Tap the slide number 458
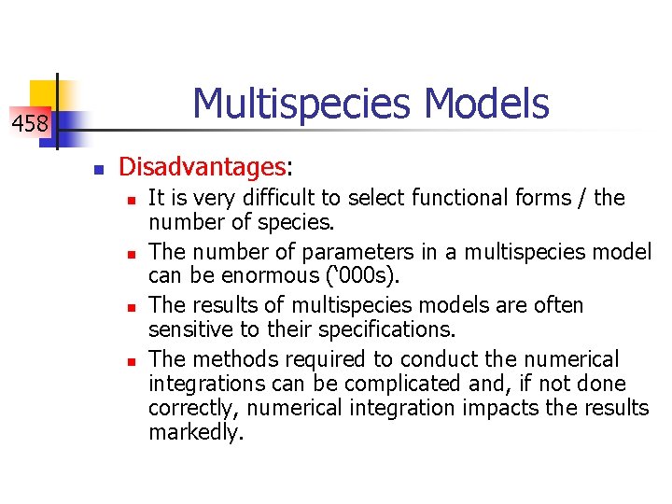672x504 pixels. pos(30,122)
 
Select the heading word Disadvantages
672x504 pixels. pos(203,167)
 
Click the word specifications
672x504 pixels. pos(385,330)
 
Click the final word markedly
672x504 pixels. pos(195,433)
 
